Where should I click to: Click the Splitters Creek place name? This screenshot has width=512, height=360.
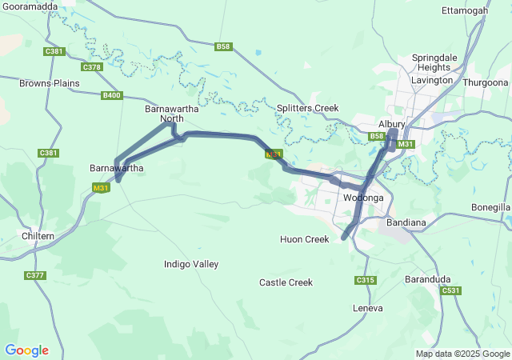[x=307, y=108]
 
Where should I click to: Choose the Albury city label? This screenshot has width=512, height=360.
[x=392, y=124]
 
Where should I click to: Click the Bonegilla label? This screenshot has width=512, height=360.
[x=491, y=207]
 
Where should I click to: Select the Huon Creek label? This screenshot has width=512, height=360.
[x=304, y=239]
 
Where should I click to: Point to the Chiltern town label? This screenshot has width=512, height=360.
[x=38, y=236]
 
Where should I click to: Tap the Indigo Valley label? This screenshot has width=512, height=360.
[x=190, y=264]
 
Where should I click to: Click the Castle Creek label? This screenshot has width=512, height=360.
[x=286, y=282]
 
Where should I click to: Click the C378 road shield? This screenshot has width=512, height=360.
[x=92, y=67]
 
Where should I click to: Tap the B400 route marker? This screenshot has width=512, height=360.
[x=111, y=96]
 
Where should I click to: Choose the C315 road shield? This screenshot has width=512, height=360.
[x=365, y=280]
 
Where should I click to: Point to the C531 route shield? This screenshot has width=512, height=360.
[x=451, y=291]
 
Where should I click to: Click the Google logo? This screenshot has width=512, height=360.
[x=26, y=350]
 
